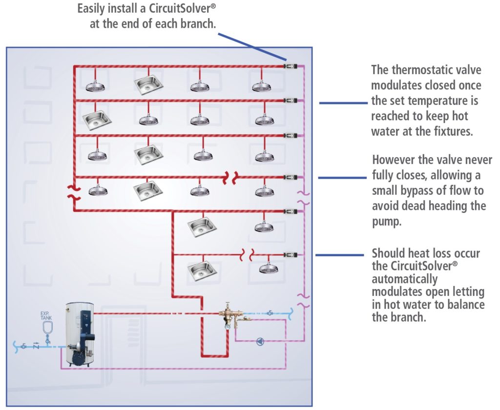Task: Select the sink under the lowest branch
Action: (x=200, y=269)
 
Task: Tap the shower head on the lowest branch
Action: (x=268, y=268)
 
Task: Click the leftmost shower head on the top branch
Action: (x=95, y=86)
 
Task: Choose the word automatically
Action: (x=404, y=279)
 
